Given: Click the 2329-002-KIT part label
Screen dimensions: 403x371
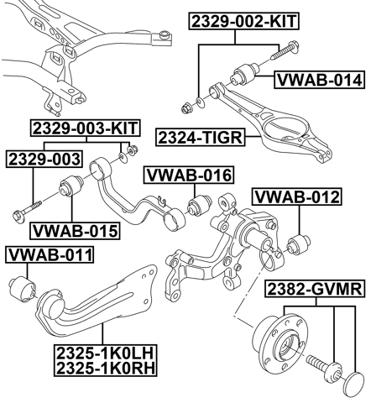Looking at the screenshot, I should click(x=245, y=23).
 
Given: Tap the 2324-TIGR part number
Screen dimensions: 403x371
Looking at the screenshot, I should click(x=197, y=135).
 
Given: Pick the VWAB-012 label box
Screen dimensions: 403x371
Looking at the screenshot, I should click(x=296, y=197).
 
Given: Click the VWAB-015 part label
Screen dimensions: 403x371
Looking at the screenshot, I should click(x=76, y=229).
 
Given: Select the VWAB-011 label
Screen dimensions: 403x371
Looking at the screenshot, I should click(x=50, y=254).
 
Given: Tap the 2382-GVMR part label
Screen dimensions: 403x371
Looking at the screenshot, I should click(x=315, y=290).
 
